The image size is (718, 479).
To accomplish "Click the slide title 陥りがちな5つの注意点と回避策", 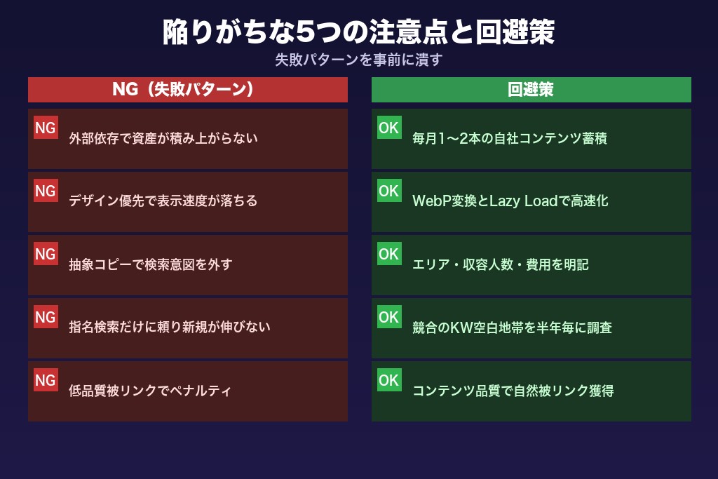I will (358, 32).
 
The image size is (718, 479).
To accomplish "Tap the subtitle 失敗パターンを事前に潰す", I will (358, 60).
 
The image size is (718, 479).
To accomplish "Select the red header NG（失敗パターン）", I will (188, 90).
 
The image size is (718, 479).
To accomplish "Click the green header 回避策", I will (531, 90).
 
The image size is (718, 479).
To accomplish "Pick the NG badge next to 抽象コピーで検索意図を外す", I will (46, 253).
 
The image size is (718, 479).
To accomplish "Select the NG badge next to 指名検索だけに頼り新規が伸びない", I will (46, 316).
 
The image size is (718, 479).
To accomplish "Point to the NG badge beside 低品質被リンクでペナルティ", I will (46, 379).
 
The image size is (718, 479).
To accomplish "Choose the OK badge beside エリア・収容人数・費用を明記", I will (388, 253).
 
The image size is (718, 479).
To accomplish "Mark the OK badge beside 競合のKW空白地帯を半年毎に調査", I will (388, 316).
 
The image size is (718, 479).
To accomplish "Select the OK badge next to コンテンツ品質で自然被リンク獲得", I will (388, 379).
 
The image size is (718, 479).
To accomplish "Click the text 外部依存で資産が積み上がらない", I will (163, 139).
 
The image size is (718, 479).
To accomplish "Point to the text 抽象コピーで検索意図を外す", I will (151, 265).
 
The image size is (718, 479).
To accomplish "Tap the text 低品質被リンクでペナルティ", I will (150, 391).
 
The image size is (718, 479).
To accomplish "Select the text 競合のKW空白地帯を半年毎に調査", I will (513, 328).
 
